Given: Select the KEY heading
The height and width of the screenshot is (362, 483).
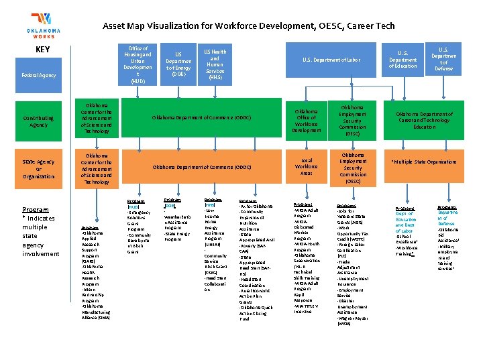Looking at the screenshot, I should pos(43,50).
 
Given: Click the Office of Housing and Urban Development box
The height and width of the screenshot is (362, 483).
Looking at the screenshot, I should pos(138,64).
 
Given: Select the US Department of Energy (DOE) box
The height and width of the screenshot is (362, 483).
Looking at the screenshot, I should pos(178,64).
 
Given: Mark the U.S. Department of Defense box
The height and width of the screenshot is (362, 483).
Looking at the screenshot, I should pos(444,58).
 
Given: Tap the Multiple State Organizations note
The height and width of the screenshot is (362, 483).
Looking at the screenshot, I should pos(424,162).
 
